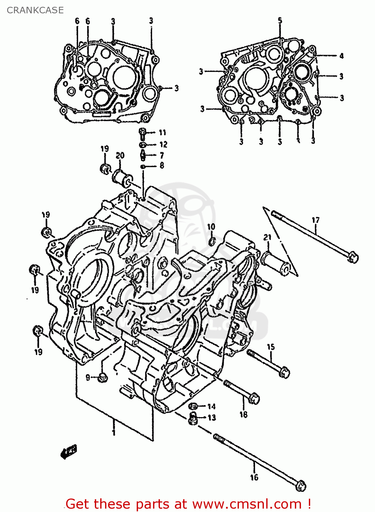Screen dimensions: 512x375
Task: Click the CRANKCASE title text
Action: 35,10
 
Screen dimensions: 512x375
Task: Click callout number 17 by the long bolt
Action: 316,220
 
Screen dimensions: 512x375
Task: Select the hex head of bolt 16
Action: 300,486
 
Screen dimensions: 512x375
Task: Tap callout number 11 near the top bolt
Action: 162,132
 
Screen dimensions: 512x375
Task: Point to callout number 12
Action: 163,144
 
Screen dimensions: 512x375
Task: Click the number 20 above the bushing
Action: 120,156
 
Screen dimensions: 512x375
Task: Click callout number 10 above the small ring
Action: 211,227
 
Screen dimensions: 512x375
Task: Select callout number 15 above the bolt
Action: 271,347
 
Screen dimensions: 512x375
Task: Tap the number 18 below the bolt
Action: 243,414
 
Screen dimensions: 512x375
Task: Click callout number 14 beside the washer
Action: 211,406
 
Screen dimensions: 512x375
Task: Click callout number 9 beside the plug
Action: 88,378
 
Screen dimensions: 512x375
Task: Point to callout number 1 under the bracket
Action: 114,432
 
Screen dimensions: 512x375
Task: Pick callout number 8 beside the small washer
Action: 162,166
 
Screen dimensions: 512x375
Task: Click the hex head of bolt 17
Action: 352,257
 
